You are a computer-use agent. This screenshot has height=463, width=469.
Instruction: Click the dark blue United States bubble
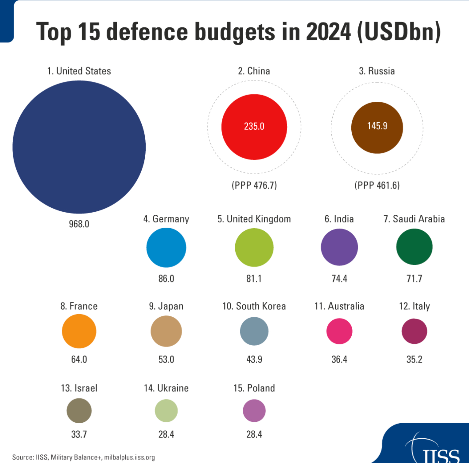click(79, 147)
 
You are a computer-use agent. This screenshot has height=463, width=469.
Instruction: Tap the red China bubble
click(254, 127)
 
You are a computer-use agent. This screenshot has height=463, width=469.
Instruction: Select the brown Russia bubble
click(377, 128)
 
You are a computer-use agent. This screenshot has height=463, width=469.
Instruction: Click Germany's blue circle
click(166, 247)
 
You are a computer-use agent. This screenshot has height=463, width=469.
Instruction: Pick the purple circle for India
click(339, 247)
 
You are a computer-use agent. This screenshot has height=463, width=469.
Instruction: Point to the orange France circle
click(79, 331)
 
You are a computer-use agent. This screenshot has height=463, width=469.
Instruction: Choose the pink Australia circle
click(339, 331)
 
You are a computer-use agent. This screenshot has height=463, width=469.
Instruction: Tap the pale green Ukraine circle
click(166, 411)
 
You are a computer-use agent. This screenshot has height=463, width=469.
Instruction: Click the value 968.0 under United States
click(79, 224)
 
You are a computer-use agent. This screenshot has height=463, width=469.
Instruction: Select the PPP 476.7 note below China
click(254, 185)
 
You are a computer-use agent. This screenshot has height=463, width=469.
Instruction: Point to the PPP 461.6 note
click(377, 185)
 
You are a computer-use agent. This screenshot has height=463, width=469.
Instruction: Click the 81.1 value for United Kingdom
click(254, 279)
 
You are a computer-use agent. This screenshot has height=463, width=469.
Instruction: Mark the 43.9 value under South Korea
click(254, 359)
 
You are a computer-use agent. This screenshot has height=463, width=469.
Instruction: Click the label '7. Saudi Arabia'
click(414, 219)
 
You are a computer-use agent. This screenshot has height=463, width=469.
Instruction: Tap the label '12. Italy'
click(414, 306)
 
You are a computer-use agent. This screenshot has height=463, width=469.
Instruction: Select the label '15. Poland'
click(254, 388)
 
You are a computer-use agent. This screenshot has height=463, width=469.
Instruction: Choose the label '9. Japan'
click(166, 306)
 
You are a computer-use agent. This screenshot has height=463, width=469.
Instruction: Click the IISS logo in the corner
click(437, 450)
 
